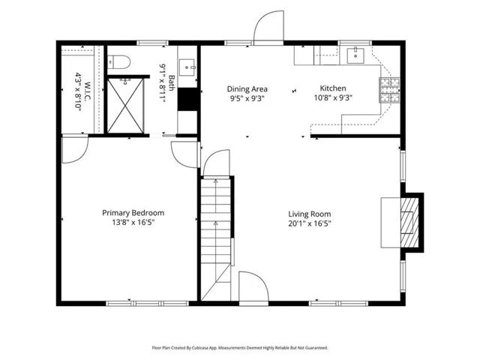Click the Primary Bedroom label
coord(133,213)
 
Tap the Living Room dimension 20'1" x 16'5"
coord(310,223)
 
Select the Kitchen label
coord(333,88)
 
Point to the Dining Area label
coord(247,89)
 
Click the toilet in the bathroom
coord(118,61)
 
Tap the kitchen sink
coord(355,55)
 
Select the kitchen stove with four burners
coord(390,90)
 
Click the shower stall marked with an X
coord(125,106)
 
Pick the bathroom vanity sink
coord(187,67)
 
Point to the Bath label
coord(172,83)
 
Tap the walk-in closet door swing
coord(75,150)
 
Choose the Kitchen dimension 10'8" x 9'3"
coord(333,98)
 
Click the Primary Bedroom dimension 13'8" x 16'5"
coord(133,222)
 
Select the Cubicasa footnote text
coord(240,348)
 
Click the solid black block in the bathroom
coord(187,99)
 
